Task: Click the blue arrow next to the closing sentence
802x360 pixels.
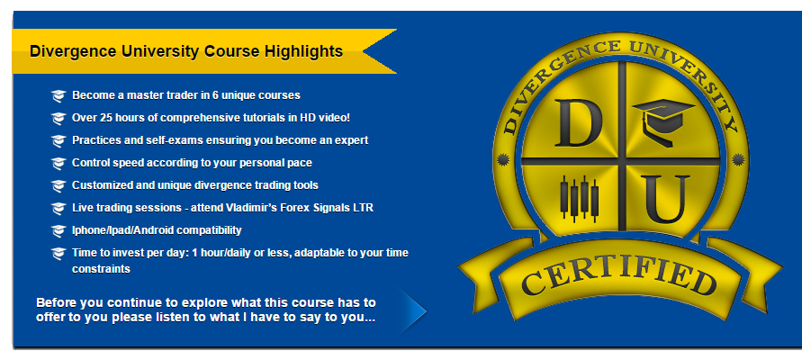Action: [x=412, y=310]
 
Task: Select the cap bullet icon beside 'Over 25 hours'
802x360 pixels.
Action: [x=59, y=118]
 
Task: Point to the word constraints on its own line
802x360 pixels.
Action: [x=101, y=269]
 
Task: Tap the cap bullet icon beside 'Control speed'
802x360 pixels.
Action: [x=59, y=163]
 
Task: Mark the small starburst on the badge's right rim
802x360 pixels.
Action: [x=737, y=160]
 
